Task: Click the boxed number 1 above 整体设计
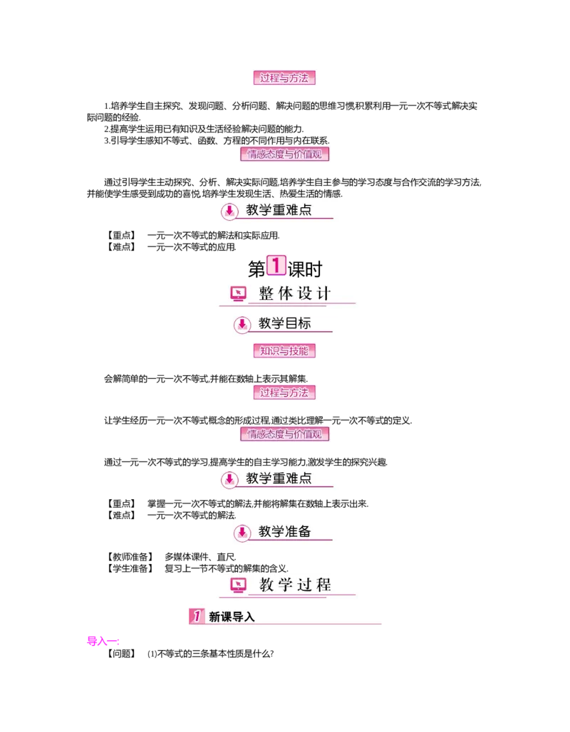276,266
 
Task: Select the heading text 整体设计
294,293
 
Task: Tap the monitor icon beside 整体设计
238,293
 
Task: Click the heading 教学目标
285,323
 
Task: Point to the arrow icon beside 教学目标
242,324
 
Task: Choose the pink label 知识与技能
284,350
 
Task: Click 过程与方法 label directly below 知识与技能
284,392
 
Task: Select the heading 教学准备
285,531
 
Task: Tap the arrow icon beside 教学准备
242,532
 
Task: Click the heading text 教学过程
295,585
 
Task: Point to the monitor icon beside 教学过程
238,585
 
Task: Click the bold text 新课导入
232,617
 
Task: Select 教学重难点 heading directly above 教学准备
279,479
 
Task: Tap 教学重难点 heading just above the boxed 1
279,210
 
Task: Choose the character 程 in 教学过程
323,585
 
